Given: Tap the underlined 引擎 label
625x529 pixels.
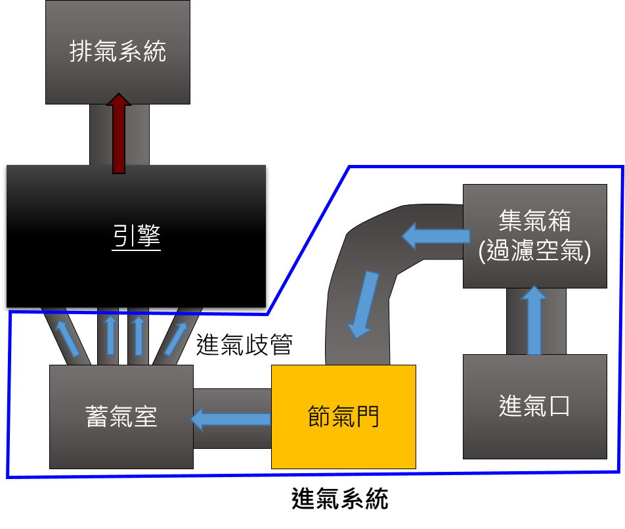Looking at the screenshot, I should coord(136,235).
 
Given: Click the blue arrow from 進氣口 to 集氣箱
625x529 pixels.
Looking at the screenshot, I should coord(534,321).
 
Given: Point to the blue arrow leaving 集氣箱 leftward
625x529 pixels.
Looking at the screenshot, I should coord(436,235).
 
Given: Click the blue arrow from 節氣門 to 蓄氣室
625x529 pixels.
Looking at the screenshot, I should coord(231,419).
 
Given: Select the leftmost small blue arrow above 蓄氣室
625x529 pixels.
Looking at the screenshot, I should coord(67,338).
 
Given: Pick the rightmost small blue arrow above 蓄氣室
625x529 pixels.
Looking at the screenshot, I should coord(175,338).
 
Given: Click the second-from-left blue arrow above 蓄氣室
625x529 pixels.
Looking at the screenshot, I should coord(110,335).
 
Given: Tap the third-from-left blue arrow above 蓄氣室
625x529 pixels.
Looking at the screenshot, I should coord(138,335).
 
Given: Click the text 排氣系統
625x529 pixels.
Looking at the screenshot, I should coord(118,51).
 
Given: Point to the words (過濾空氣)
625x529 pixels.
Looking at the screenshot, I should coord(534,252).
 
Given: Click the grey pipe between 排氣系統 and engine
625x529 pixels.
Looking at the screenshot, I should coord(98,135).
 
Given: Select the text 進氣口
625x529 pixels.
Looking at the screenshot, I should coord(534,406).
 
